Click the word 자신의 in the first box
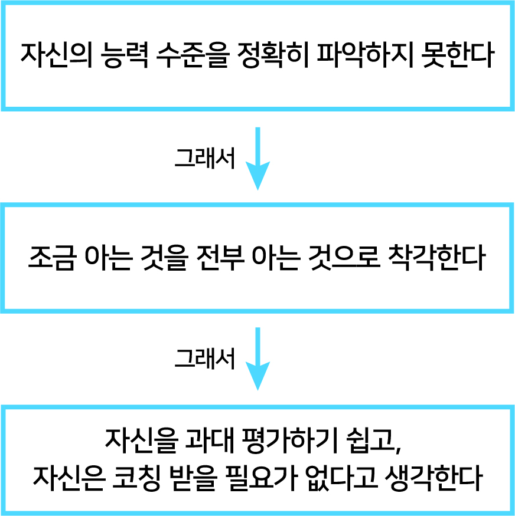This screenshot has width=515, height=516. (57, 55)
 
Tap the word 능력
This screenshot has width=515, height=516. (124, 55)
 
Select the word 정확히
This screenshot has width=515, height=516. (273, 55)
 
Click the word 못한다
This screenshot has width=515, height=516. (458, 55)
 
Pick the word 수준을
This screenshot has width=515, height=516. (193, 55)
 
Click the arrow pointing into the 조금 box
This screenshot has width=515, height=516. (257, 159)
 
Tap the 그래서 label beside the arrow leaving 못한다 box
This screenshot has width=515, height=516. (204, 158)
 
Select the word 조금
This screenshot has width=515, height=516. (53, 258)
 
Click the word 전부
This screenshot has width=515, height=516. (220, 258)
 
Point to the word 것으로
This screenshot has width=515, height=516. (344, 258)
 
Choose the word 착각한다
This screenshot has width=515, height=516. (437, 258)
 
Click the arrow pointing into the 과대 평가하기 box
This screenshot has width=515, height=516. (257, 359)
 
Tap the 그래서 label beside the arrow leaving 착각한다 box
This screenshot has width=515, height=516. (204, 359)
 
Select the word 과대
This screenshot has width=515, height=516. (209, 441)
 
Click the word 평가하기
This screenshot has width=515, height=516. (290, 441)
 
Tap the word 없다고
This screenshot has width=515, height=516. (341, 478)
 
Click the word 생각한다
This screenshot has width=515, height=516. (433, 478)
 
